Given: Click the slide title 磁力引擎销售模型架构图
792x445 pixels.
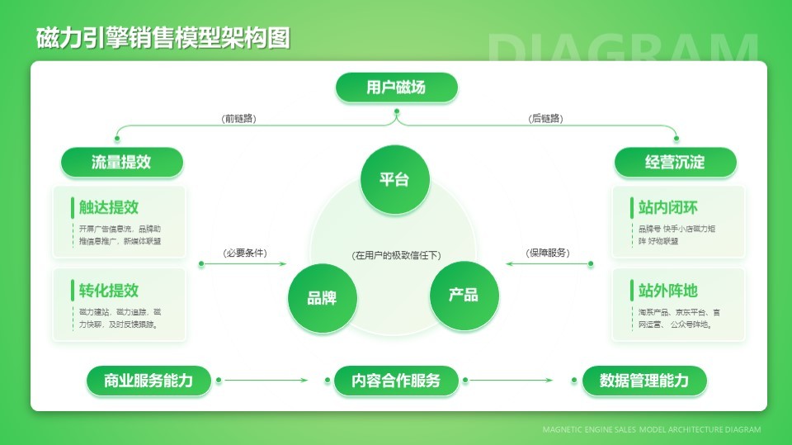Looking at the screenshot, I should tap(163, 38).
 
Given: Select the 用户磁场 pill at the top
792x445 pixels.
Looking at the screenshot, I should tap(396, 88).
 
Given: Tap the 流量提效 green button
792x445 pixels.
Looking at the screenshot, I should tap(121, 162).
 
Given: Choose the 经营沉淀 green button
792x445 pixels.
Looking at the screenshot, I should tap(674, 162).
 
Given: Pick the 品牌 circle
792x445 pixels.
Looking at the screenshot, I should tap(322, 297).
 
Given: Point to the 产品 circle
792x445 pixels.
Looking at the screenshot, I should tap(464, 296).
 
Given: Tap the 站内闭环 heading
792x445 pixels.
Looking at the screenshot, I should tap(667, 207).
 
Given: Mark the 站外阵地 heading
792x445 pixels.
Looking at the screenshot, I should tap(667, 290).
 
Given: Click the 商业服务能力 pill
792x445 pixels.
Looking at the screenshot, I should tap(148, 381).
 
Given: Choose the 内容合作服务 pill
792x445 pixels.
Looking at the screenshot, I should tap(395, 381).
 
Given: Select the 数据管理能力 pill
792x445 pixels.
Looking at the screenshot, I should tap(643, 381).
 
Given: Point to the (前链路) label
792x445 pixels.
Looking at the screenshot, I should tap(239, 119).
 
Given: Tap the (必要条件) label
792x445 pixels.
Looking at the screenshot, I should tap(245, 253).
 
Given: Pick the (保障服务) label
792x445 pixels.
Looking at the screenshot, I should tap(548, 253).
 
